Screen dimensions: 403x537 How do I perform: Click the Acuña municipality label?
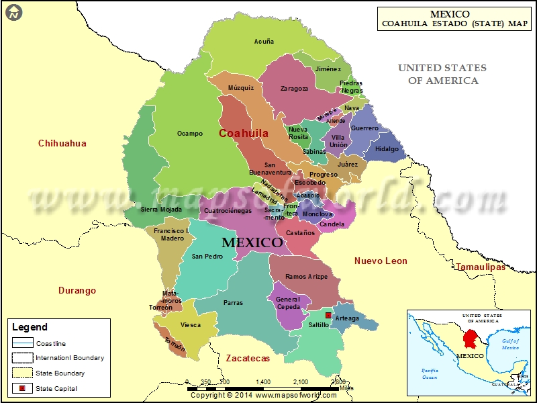264,42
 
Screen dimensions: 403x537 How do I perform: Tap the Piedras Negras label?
351,87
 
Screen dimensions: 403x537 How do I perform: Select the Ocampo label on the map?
190,134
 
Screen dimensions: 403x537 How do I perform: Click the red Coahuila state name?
244,133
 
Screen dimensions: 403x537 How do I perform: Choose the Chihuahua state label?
62,143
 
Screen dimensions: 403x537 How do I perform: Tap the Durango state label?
77,291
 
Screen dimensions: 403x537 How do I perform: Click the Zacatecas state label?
248,358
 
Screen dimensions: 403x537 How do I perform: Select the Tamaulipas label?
481,267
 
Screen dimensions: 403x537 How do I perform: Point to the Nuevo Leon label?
381,261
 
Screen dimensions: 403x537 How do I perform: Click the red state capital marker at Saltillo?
328,316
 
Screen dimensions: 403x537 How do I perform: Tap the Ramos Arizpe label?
305,277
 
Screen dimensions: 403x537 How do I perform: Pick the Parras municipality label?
234,303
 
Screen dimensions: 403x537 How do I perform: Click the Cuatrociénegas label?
228,210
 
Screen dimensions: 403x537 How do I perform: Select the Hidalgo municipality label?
387,149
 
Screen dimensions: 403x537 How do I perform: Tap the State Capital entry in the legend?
56,388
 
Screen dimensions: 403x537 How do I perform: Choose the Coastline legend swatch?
22,343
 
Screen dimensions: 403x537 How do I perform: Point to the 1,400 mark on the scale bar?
263,381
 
